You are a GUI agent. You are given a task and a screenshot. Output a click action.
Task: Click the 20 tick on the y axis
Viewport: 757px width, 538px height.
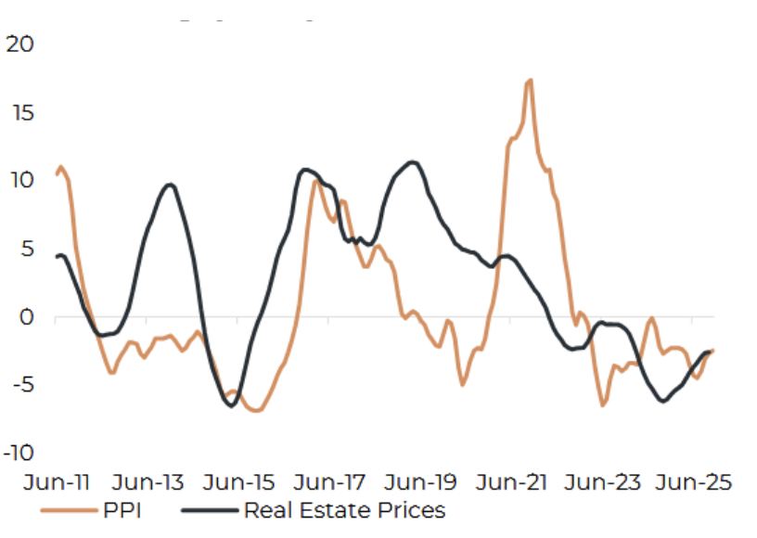(19, 44)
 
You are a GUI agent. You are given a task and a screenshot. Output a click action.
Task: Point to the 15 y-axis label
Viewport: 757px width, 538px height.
(19, 112)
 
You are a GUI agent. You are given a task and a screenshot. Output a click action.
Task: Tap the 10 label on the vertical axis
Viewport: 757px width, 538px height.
(19, 180)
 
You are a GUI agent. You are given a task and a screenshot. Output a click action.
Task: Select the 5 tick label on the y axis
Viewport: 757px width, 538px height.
(25, 249)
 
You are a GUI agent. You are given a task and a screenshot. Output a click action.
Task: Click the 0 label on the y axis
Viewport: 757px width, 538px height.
(25, 317)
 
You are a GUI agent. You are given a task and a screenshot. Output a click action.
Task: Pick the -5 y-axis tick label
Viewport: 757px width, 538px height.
(21, 385)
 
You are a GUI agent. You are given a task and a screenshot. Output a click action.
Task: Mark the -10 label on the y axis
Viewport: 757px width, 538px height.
(18, 454)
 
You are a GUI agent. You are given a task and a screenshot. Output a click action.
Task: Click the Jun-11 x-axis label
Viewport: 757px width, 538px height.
(57, 482)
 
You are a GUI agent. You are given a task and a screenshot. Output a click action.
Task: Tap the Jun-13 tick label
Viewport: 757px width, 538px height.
(148, 482)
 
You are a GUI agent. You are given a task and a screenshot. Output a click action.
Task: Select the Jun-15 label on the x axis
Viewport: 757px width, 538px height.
(239, 482)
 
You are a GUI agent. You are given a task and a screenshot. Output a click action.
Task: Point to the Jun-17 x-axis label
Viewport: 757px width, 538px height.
(331, 482)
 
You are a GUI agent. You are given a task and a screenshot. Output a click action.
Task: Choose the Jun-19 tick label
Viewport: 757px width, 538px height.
(422, 482)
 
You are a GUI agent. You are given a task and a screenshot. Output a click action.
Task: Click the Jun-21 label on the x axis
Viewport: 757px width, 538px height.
(513, 482)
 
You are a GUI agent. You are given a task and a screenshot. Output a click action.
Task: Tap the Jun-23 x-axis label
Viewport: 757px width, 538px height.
(604, 482)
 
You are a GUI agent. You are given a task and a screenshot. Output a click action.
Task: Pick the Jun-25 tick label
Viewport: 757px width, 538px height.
(695, 482)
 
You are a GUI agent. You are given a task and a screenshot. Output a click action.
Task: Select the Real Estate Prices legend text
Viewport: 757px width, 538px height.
(344, 510)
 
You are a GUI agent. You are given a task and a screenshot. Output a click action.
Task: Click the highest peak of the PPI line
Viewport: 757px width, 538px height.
(529, 81)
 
